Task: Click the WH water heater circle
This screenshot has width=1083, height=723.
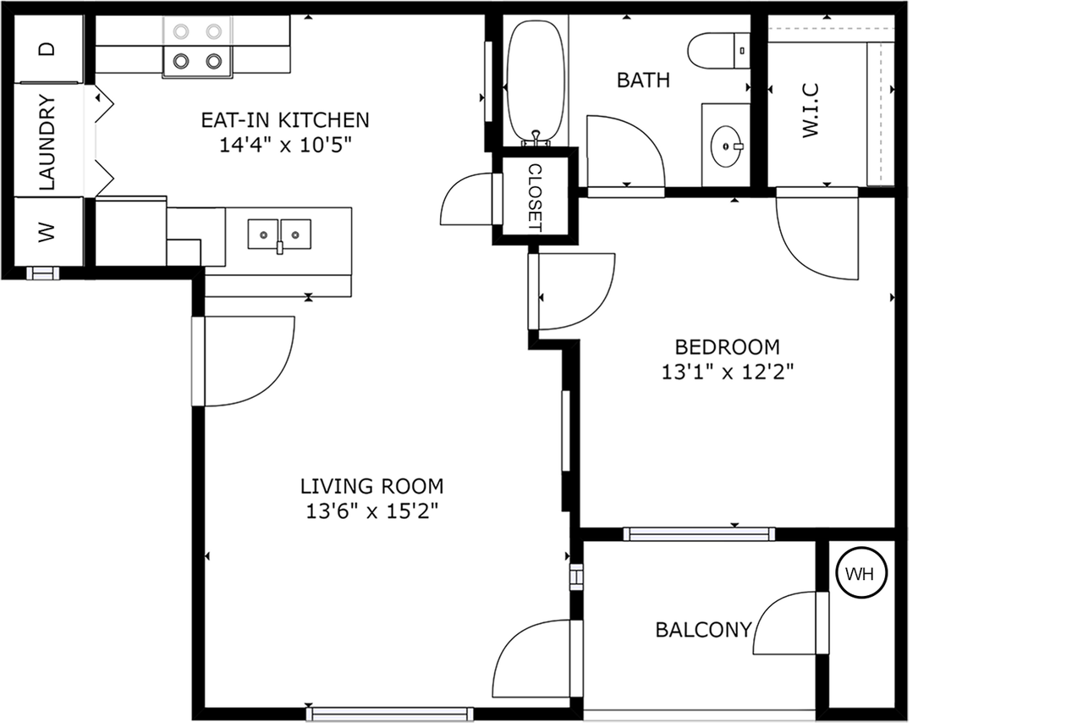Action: (x=860, y=575)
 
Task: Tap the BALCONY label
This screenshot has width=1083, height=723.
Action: (x=703, y=630)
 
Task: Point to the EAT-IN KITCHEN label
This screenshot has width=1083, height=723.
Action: (x=284, y=119)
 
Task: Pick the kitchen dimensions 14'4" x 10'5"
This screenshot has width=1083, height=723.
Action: (x=284, y=144)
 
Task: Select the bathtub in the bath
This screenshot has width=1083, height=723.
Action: (x=535, y=80)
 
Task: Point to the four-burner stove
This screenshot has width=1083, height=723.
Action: (x=197, y=47)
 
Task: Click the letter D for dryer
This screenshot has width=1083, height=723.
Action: (x=48, y=48)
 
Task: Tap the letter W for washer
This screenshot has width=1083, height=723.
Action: (x=47, y=231)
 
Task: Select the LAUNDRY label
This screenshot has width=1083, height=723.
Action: (x=48, y=141)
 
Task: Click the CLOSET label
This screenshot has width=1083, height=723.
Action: (x=535, y=196)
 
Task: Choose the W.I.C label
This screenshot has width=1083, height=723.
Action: (x=809, y=110)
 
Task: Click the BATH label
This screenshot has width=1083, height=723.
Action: (x=643, y=80)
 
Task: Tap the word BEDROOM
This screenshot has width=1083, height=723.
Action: (x=727, y=346)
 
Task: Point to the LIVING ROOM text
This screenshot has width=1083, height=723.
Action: (x=371, y=486)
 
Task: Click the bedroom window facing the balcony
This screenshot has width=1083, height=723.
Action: (x=699, y=533)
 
